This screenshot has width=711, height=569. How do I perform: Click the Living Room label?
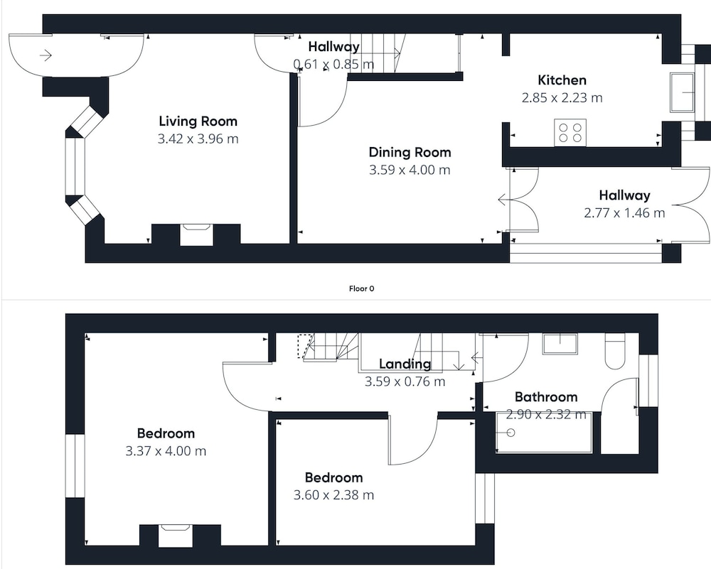198,121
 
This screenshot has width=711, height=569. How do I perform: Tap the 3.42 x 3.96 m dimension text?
198,139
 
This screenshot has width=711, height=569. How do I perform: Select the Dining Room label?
410,153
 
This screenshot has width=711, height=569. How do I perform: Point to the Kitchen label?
562,80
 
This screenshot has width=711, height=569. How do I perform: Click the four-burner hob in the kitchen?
570,133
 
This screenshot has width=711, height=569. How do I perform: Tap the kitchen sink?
683,92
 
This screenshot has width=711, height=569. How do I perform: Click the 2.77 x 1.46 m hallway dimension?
624,213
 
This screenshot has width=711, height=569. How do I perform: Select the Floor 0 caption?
361,288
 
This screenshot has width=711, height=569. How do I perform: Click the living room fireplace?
196,234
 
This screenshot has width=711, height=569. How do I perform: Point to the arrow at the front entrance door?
46,55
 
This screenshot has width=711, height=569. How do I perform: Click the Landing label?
405,364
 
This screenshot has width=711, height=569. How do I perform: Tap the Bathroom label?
546,397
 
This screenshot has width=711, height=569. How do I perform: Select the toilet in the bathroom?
615,352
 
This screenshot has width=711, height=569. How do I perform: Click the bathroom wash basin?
560,345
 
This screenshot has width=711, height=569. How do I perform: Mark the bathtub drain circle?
510,433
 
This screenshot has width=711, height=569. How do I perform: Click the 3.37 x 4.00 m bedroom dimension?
166,451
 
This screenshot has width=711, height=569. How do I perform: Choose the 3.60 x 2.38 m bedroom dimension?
333,495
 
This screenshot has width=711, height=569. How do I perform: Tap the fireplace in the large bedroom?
175,535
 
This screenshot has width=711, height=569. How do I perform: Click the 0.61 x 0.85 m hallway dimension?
333,65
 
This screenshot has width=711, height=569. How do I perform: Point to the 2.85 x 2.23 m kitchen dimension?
562,98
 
